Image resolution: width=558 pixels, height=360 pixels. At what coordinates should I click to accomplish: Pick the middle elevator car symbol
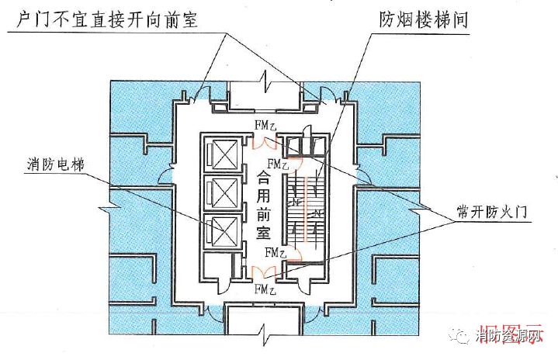pyautogui.click(x=221, y=190)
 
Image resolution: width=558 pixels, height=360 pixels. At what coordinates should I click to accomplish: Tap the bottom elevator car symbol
pyautogui.click(x=221, y=228)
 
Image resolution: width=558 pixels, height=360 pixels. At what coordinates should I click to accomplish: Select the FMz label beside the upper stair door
pyautogui.click(x=277, y=164)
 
